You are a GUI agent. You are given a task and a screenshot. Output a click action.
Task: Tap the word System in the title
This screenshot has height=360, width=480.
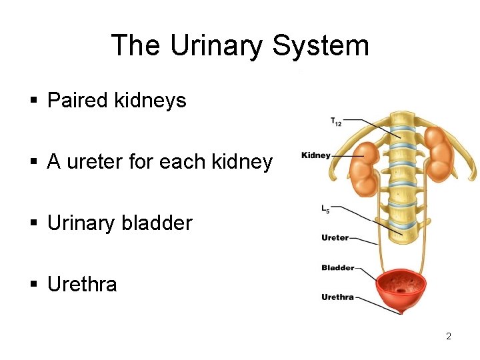click(x=321, y=46)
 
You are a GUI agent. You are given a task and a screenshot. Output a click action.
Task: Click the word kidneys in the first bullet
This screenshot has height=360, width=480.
click(x=150, y=101)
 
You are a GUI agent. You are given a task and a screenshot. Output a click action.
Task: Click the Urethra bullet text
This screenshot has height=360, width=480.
click(x=82, y=285)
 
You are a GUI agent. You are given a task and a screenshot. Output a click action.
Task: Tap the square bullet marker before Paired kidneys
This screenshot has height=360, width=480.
click(x=33, y=101)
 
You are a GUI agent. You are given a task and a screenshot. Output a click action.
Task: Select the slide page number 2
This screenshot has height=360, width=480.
click(x=449, y=336)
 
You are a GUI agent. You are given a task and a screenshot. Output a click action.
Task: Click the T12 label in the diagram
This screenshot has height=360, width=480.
click(x=336, y=121)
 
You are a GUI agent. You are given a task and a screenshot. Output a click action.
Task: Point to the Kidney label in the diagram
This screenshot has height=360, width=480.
click(x=316, y=155)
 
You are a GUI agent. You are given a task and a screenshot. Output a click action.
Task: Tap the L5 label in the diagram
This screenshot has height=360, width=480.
click(x=325, y=209)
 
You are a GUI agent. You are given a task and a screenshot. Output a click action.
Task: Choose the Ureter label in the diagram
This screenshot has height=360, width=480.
click(x=335, y=237)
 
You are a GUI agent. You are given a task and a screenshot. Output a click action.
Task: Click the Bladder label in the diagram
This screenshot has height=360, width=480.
click(x=338, y=268)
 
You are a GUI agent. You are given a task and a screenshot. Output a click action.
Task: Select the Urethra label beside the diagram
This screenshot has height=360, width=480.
click(x=337, y=297)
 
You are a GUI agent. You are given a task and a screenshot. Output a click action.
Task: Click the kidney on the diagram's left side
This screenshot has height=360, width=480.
click(x=363, y=169)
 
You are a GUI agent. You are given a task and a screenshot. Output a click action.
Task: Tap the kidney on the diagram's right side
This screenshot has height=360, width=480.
click(x=439, y=155)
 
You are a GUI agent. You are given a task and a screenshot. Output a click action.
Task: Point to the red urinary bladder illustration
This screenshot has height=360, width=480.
click(x=401, y=291)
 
